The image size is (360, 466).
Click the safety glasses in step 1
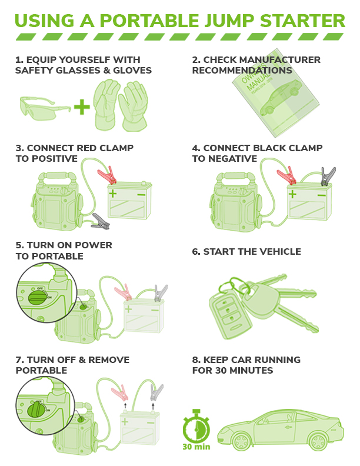click(45, 108)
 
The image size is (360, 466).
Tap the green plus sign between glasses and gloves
click(82, 107)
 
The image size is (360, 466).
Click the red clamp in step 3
click(107, 175)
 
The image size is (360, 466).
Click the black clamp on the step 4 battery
click(328, 177)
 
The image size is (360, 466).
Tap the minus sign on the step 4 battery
click(322, 195)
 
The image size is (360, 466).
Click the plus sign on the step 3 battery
click(112, 194)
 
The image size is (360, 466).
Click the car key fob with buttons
click(231, 315)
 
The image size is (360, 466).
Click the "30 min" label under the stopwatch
click(196, 447)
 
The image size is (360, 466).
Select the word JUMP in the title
click(229, 21)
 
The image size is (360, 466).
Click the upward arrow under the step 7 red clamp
click(125, 406)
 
